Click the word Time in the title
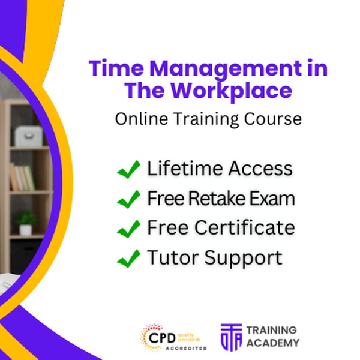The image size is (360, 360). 116,68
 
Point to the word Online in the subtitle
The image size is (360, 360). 141,119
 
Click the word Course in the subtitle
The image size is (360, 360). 272,119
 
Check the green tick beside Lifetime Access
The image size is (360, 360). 128,169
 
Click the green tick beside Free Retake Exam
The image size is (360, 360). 128,199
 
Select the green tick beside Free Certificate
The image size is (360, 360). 128,229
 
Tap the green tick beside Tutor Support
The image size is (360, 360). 128,258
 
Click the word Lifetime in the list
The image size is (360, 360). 185,168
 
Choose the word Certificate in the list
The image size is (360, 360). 245,227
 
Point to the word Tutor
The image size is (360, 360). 173,257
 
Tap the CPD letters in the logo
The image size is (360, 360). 162,338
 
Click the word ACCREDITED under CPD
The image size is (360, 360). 186,349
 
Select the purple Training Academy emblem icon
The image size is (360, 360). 231,337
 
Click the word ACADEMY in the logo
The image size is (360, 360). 273,343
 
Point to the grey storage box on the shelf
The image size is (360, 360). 29,136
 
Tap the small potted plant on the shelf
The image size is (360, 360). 25,223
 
